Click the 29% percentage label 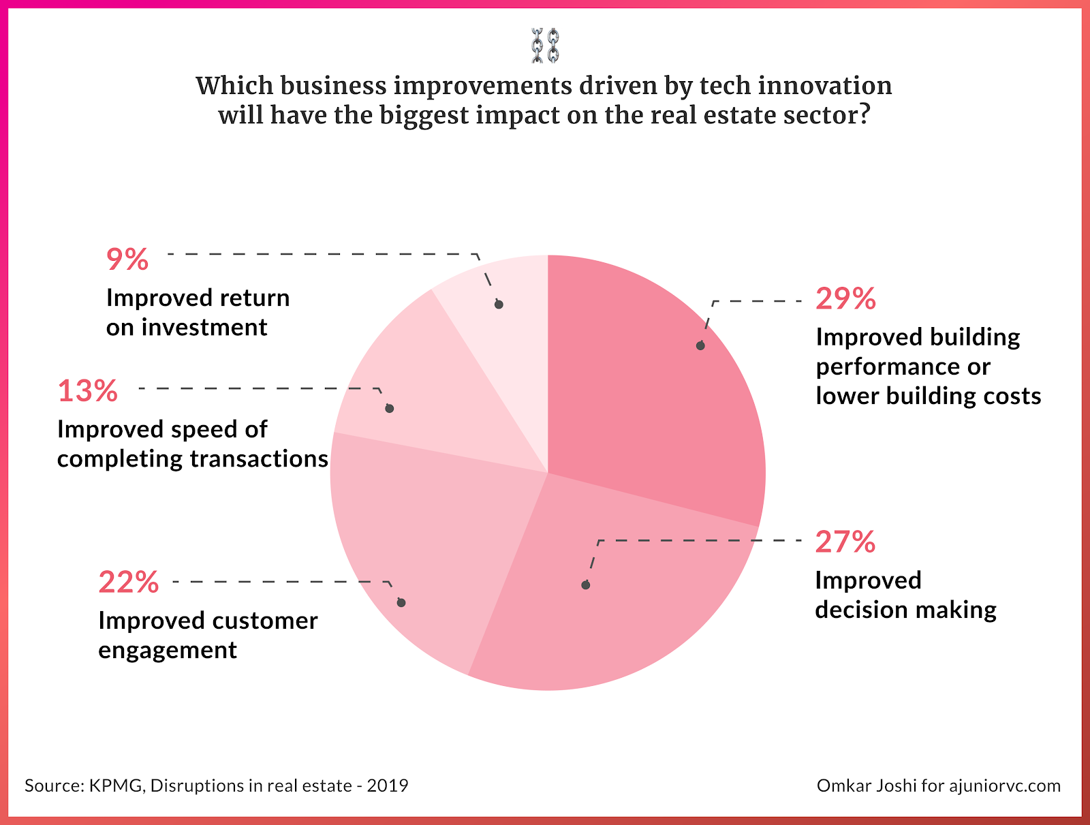[845, 299]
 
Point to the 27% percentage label [845, 542]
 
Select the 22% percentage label [128, 582]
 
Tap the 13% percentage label [87, 391]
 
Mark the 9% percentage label [127, 260]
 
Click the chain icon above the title [545, 46]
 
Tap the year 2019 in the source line [388, 786]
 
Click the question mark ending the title [865, 115]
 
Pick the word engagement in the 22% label [168, 651]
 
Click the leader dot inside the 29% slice [700, 346]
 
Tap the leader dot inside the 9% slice [499, 305]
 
